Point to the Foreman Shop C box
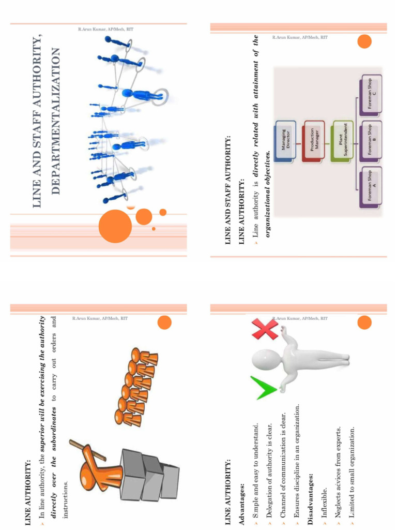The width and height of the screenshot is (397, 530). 371,94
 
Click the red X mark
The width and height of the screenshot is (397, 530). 265,330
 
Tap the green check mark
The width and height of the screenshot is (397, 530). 263,388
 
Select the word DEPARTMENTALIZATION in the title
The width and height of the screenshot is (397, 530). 56,122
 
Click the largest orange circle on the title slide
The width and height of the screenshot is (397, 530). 115,226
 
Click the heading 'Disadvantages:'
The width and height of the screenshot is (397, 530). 311,481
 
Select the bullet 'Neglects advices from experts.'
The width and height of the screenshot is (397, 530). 338,470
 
